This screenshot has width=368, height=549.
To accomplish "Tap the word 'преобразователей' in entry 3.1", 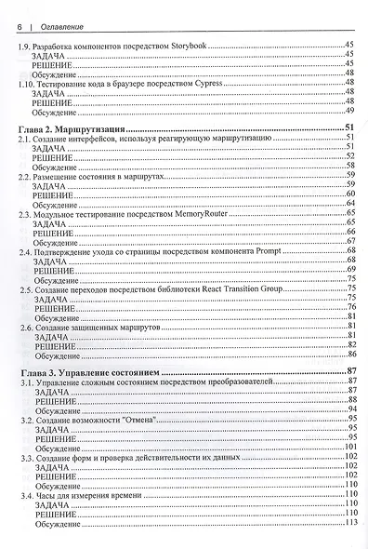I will coord(235,382).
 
